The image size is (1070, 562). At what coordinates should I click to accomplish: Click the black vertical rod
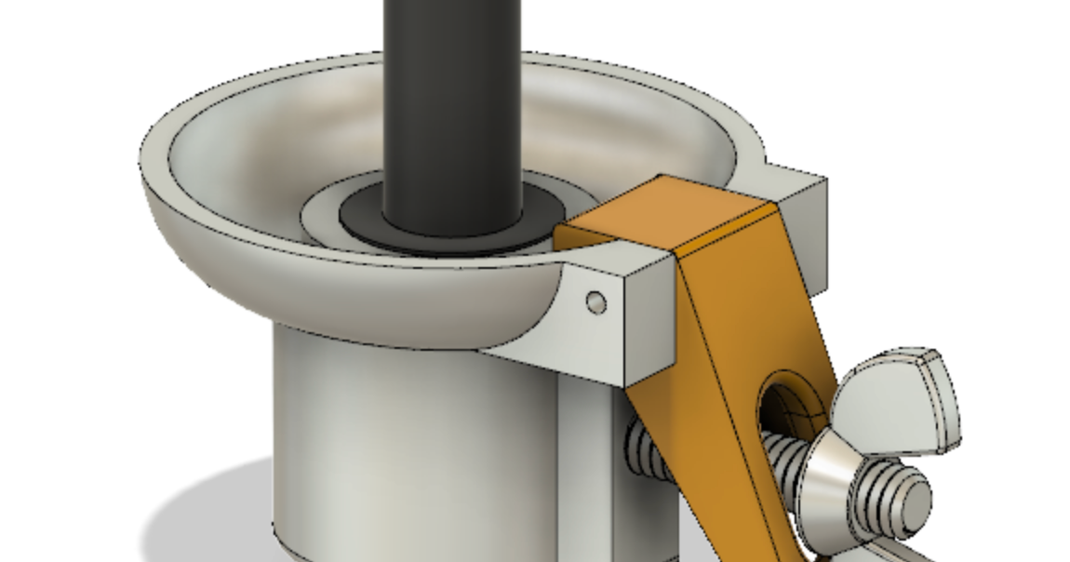point(451,102)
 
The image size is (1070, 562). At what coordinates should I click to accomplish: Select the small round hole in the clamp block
point(596,302)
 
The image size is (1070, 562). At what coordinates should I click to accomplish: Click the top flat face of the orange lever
point(662,213)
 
